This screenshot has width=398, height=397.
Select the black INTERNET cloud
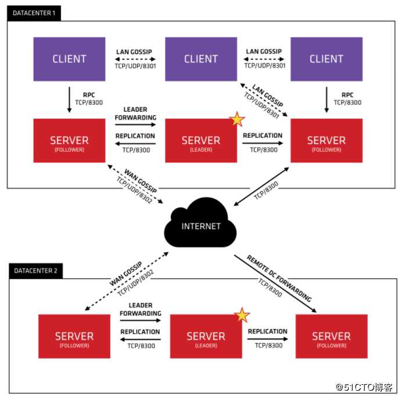point(201,225)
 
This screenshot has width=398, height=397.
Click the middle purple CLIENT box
point(200,59)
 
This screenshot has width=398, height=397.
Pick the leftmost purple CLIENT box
point(69,59)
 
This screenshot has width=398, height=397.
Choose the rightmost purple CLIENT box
point(326,59)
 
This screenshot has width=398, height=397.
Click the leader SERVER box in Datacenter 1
point(200,140)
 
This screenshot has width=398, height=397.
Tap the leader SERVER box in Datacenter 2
point(205,336)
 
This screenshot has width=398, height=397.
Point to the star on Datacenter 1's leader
point(236,120)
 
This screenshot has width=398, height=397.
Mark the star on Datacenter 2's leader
point(242,316)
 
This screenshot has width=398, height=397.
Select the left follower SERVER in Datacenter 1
point(69,140)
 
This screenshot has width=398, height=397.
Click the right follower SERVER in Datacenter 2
point(331,336)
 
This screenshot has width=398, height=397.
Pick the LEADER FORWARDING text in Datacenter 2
point(140,310)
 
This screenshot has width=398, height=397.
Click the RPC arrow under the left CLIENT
point(69,97)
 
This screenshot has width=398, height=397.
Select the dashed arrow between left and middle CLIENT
point(135,59)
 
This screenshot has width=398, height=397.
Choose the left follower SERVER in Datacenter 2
point(74,336)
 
